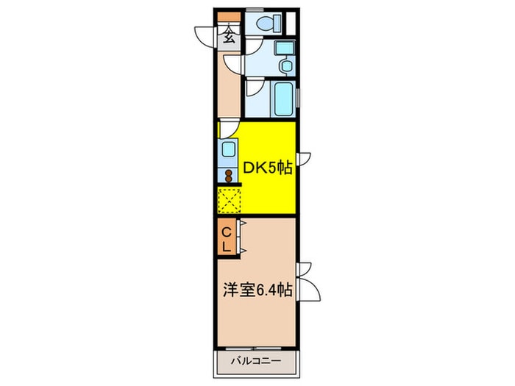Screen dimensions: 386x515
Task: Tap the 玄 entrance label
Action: point(229,37)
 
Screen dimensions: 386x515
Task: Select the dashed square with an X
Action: point(230,199)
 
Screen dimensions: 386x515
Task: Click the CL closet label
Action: point(227,240)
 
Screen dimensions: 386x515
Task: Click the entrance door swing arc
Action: point(205,35)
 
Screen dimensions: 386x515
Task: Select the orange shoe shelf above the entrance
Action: point(229,16)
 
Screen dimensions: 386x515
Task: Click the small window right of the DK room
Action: point(304,159)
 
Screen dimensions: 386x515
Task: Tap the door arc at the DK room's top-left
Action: point(228,129)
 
